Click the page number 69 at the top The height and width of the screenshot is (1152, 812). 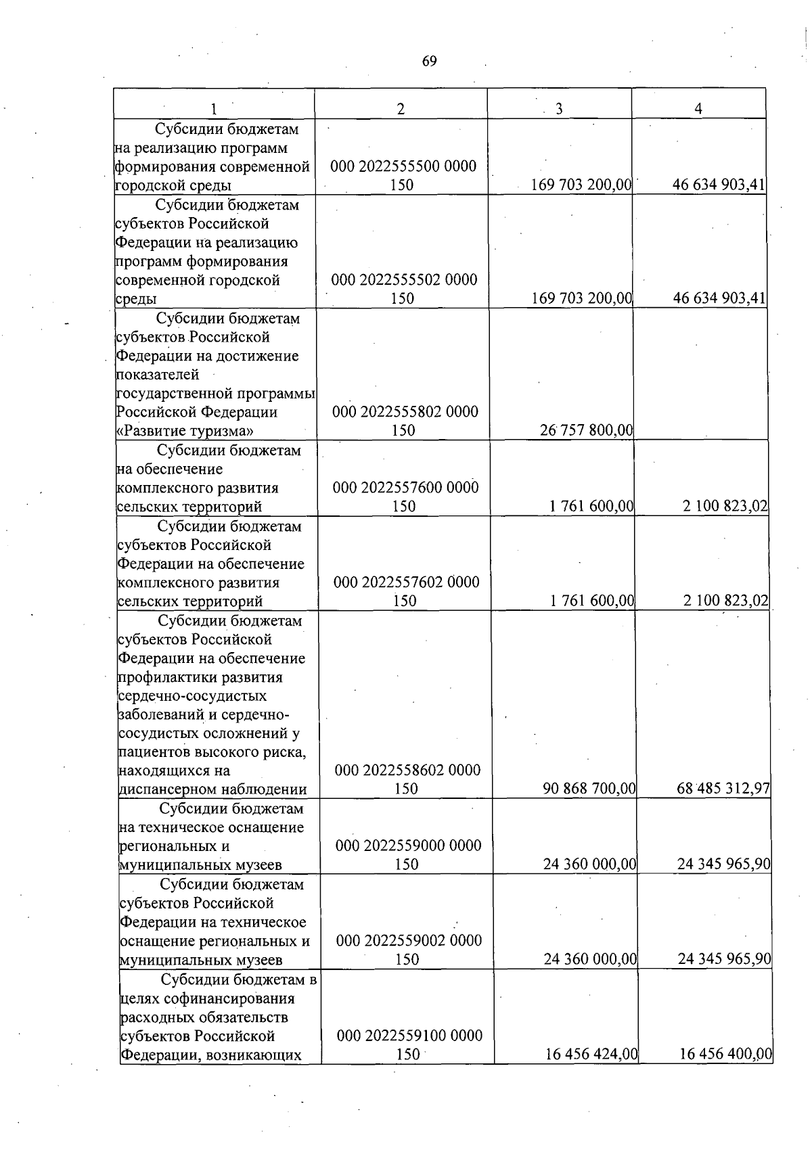pos(429,62)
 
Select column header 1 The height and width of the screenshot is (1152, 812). pos(214,109)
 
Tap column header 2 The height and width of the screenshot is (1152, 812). pos(401,109)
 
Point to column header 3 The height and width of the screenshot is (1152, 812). pos(559,109)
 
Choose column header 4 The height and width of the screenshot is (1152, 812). pos(698,108)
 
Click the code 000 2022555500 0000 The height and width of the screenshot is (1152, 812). pos(403,166)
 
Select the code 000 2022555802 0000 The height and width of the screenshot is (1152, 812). pos(405,412)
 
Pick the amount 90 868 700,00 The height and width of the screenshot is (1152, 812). pos(589,789)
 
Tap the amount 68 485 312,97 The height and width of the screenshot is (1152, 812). pos(723,789)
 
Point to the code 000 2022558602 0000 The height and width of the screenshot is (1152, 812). pos(407,770)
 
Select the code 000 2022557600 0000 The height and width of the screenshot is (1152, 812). pos(405,488)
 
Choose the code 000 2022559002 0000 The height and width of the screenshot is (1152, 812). pos(409,941)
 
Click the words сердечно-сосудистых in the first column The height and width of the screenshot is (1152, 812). pos(192,696)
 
